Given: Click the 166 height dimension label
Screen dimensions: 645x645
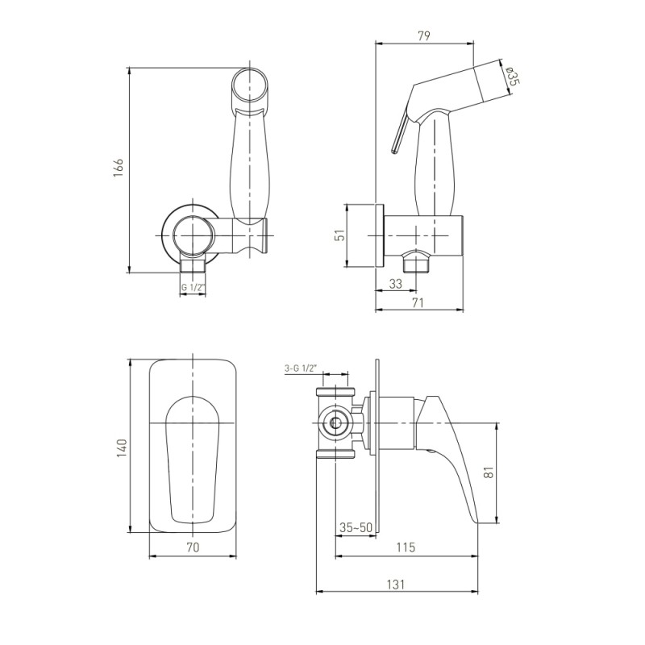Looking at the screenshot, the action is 119,167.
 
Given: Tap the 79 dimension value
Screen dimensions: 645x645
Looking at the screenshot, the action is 424,35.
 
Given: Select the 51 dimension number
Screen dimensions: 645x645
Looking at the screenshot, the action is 339,235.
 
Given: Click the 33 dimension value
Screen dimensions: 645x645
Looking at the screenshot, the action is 395,284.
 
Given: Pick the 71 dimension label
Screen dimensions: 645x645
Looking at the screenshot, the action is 418,303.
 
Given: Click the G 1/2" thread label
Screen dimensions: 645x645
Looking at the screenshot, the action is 193,288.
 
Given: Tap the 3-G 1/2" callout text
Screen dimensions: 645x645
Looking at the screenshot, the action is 300,368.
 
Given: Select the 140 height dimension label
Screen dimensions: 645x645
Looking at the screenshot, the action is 123,448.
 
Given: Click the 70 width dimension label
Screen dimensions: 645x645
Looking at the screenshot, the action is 193,547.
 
